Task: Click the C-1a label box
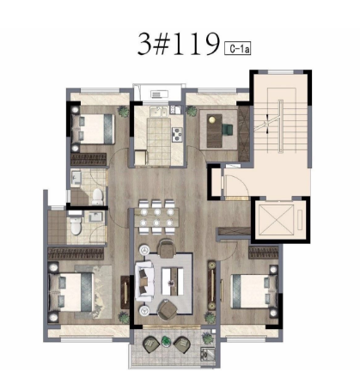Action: (237, 48)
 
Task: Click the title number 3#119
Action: (179, 44)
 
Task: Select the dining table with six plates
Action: (156, 217)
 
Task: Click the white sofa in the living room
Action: (143, 281)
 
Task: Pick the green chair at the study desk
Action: (228, 129)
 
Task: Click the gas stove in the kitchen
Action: (177, 134)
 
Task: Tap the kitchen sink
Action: (157, 112)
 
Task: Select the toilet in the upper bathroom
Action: (98, 196)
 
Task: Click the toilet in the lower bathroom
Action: (76, 226)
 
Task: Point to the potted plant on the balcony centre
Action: (166, 341)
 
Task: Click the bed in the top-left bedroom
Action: (94, 129)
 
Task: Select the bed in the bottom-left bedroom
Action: (71, 292)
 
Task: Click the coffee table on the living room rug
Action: (173, 282)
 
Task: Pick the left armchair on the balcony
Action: (151, 344)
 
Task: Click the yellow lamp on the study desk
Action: (212, 119)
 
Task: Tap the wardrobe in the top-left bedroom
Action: (88, 159)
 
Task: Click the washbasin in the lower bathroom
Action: (95, 217)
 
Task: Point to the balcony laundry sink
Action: (207, 354)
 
